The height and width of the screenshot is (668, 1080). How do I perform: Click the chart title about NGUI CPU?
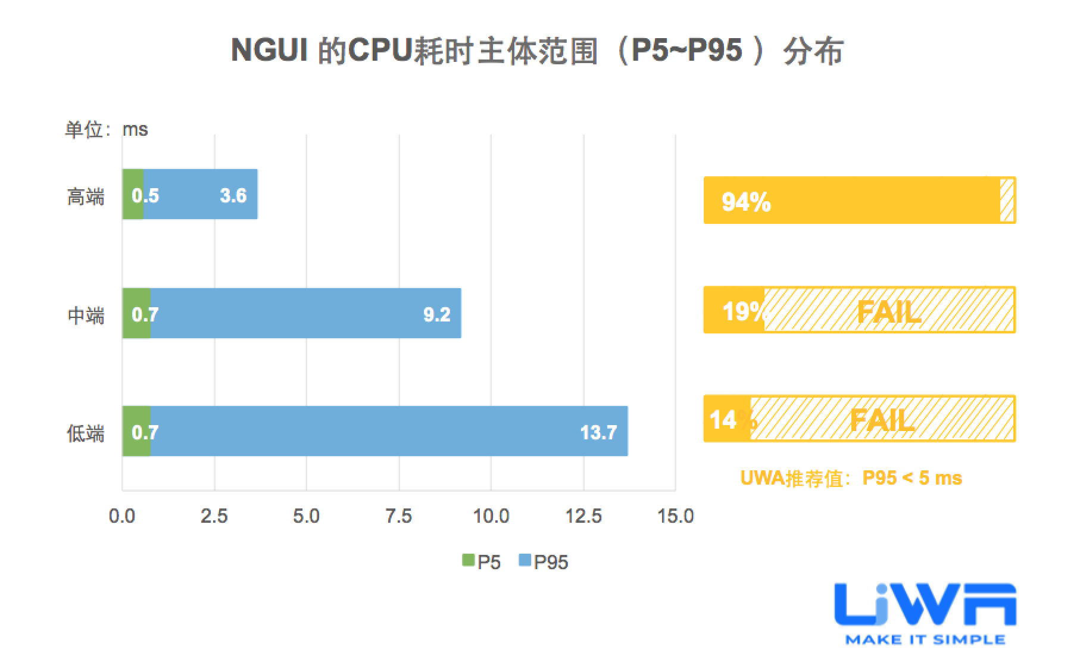[x=537, y=51]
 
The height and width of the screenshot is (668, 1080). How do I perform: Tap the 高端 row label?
[x=86, y=196]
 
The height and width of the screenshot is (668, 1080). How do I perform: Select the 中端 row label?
[x=86, y=314]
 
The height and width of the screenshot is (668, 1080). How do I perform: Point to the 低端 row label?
[x=86, y=433]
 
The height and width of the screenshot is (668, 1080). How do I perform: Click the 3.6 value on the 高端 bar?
[x=233, y=195]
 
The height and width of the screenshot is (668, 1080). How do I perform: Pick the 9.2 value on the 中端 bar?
[x=436, y=314]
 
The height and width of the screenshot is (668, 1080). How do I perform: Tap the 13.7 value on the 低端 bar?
[x=598, y=432]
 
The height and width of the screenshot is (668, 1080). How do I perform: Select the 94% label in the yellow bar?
[x=746, y=202]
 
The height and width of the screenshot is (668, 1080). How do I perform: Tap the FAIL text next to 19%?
[x=888, y=311]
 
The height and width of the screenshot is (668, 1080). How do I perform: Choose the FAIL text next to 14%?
[x=881, y=420]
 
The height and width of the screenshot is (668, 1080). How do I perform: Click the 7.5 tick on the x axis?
[x=398, y=516]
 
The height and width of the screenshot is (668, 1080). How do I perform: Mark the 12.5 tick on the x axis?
[x=583, y=516]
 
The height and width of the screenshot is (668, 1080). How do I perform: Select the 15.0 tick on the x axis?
[x=675, y=516]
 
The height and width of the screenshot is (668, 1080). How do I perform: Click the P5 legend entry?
[x=482, y=561]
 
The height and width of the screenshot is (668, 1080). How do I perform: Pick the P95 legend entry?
[x=544, y=561]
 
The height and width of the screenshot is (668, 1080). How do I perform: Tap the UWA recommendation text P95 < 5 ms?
[x=851, y=478]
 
